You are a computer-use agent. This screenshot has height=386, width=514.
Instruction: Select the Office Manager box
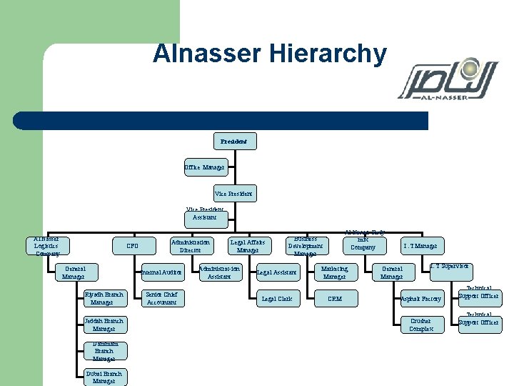(204, 167)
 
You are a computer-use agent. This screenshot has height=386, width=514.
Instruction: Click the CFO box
(133, 246)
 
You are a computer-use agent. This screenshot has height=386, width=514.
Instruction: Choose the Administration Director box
(191, 246)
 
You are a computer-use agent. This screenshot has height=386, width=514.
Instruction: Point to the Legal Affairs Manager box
(248, 246)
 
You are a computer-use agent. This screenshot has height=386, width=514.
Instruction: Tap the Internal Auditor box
(162, 272)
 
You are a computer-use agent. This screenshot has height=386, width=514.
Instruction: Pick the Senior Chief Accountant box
(161, 298)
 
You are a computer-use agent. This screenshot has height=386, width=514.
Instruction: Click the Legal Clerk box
(277, 299)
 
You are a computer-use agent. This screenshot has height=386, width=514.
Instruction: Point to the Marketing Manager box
(334, 272)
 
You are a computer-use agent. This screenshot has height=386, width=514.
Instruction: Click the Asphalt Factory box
(420, 299)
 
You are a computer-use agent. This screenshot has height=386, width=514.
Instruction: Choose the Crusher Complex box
(420, 325)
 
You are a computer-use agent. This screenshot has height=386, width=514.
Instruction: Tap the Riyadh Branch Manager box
(104, 298)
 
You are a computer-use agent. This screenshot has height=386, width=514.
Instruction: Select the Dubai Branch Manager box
(104, 377)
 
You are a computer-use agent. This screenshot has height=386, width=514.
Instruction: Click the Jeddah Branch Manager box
(104, 325)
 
